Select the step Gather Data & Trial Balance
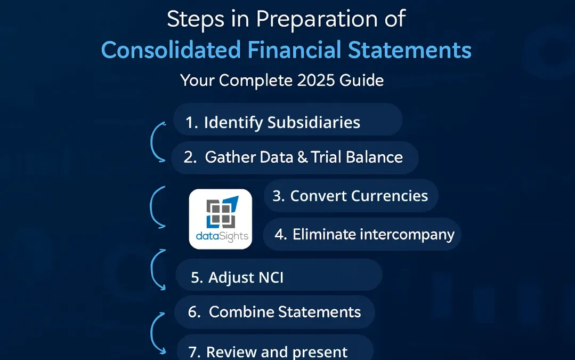coord(294,157)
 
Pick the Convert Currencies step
coord(351,196)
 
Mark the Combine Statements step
coord(274,312)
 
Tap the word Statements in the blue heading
coord(410,50)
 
